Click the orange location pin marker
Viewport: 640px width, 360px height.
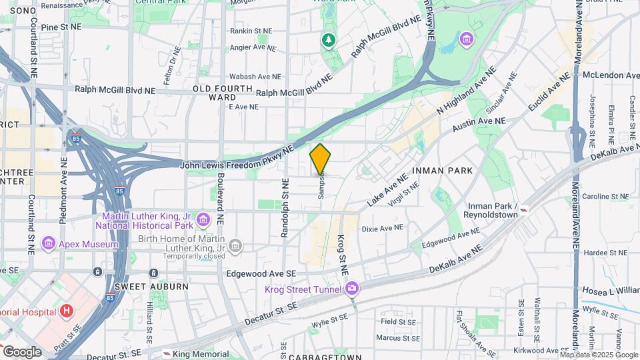click(x=321, y=159)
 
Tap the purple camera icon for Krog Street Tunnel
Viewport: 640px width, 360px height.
click(x=351, y=289)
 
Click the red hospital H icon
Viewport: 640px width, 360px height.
click(x=66, y=311)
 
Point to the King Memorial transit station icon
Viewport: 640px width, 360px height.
click(x=166, y=354)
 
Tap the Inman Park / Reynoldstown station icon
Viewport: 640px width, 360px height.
click(x=526, y=210)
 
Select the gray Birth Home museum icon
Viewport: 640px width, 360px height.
click(x=235, y=247)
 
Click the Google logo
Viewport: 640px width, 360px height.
click(x=22, y=352)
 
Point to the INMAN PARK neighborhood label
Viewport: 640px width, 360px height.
click(x=442, y=171)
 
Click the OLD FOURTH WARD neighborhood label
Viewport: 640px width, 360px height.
click(x=223, y=93)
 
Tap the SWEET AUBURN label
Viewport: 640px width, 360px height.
click(x=151, y=286)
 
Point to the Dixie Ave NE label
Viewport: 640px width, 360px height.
click(x=383, y=228)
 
